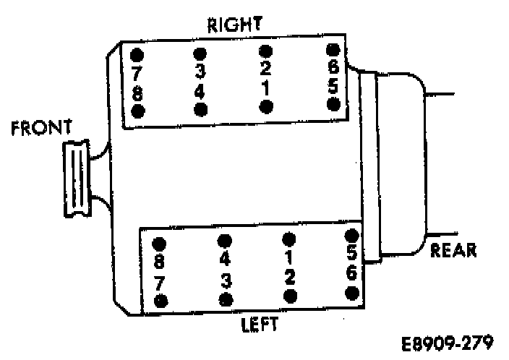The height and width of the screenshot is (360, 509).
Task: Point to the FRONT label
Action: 41,129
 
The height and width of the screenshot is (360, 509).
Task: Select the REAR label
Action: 453,250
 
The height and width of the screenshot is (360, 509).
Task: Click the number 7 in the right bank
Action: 137,72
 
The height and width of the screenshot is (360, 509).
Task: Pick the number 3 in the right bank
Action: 200,72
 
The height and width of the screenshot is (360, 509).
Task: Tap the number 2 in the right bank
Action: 265,69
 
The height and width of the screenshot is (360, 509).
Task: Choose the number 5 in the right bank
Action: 333,85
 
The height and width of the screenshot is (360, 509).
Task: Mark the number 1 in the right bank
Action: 265,87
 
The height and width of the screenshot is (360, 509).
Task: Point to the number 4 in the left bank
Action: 225,259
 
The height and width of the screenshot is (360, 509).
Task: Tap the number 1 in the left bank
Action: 289,257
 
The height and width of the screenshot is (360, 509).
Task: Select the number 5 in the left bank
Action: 353,253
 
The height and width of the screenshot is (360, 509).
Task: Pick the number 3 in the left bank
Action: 226,279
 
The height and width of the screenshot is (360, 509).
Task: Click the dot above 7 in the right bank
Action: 137,55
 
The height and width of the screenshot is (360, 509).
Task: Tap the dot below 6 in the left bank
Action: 353,293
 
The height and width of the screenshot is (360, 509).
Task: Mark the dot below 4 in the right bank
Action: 201,109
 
